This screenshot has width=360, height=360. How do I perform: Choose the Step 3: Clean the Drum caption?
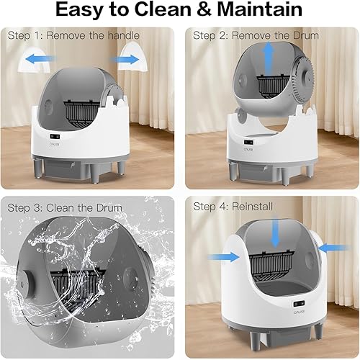[x=64, y=208]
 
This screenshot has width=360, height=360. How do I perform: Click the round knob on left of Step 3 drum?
[x=28, y=281]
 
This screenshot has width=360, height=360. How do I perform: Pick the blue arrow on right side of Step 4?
[x=333, y=248]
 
